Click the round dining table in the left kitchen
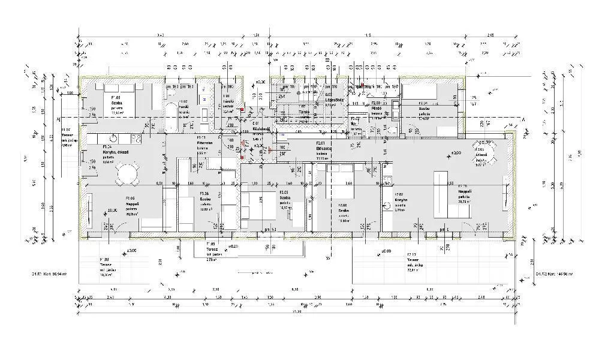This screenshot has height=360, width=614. [x=127, y=175]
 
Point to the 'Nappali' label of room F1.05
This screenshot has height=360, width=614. [x=132, y=204]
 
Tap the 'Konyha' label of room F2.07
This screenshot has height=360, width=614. [x=401, y=200]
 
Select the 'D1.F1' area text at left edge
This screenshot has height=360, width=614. [x=49, y=273]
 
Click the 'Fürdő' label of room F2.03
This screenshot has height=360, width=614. [x=377, y=108]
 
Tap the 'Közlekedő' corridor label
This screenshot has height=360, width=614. [x=260, y=129]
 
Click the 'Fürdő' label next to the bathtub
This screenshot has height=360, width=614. [x=184, y=108]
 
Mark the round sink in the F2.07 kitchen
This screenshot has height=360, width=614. [x=389, y=206]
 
